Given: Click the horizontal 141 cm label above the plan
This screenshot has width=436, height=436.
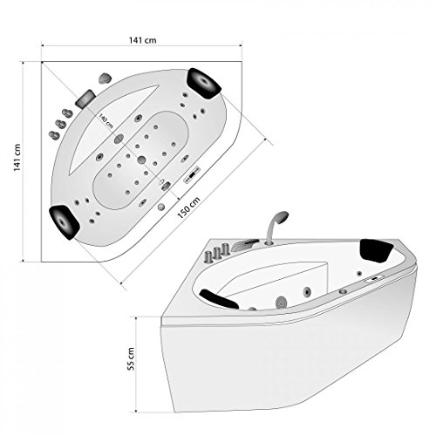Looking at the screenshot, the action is tap(142, 40).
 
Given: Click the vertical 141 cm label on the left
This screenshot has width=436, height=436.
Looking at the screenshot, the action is tap(17, 158).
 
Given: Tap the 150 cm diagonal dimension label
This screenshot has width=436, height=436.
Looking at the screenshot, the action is tap(188, 208).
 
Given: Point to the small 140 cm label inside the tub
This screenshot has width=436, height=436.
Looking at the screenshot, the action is tap(106, 121).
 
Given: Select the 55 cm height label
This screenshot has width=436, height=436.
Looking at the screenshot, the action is tap(131, 358).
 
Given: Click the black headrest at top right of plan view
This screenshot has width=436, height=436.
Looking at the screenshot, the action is tap(205, 83).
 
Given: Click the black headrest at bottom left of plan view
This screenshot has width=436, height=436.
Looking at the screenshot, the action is tap(65, 222).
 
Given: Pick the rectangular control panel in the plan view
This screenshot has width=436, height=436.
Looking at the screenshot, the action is tap(192, 174).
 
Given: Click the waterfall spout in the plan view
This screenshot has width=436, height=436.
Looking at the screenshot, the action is tap(85, 98).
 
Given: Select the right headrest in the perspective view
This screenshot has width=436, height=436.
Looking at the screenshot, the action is tap(377, 250).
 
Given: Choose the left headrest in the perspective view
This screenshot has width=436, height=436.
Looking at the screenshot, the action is tap(219, 298).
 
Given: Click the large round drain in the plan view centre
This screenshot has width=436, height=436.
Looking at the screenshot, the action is tap(141, 160).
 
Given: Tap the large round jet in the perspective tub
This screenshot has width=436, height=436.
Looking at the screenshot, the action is tap(281, 302).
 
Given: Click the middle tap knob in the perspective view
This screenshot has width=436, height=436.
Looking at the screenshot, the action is tap(216, 253).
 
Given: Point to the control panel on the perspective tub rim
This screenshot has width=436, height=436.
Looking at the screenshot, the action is tap(374, 278).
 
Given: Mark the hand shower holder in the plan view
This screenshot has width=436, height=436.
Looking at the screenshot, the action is tap(105, 78).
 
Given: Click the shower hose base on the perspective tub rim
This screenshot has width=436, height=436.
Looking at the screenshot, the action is tap(269, 242).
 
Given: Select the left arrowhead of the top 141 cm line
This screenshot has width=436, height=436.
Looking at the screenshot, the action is tap(43, 45).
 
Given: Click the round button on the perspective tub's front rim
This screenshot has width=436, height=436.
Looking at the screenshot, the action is tap(343, 291).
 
